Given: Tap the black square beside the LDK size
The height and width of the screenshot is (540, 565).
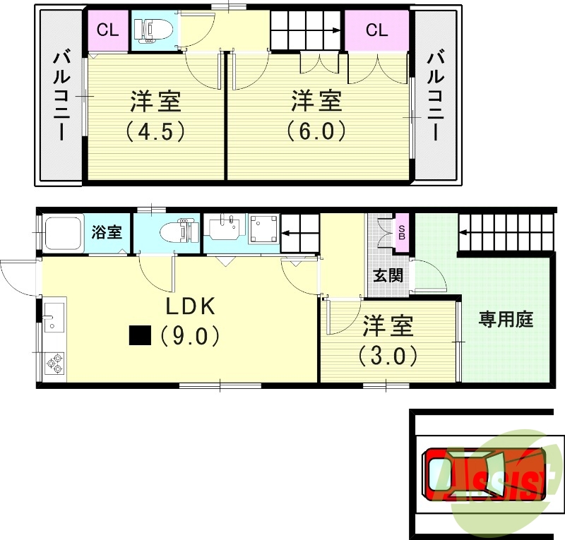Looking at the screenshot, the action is coord(140,335).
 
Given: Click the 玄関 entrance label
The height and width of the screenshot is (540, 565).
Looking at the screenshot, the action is coord(388,276).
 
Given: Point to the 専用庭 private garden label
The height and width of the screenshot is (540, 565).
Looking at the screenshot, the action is coord(506,319).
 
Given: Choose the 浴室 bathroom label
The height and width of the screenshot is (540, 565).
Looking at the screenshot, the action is coord(107,232).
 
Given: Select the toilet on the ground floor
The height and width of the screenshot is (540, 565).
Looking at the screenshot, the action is coord(179,232).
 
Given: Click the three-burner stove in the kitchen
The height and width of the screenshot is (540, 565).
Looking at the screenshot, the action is coord(54,364).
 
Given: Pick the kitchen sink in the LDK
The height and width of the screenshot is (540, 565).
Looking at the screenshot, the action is coord(54,318).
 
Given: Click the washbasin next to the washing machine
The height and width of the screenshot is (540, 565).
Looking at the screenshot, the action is coord(223,228).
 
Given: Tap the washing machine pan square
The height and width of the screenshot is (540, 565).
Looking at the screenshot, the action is coord(264,229).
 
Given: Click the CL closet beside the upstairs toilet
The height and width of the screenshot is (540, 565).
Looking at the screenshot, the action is coord(108,30).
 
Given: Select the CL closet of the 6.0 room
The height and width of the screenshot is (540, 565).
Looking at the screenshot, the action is coord(377,30).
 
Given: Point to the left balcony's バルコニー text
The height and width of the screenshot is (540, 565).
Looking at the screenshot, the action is coord(61,96).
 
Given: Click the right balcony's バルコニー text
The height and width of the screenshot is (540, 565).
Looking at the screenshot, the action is coord(436,96).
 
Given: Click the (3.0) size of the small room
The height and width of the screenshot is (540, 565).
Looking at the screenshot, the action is coord(388,356).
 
